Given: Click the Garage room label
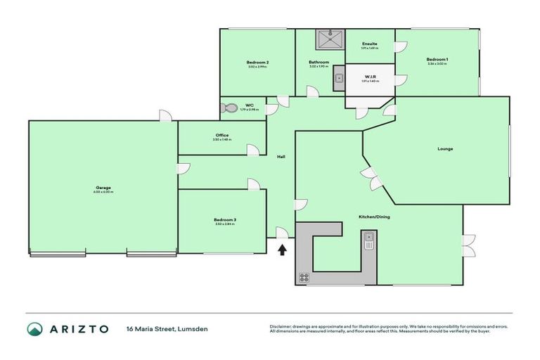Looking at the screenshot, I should pos(103,188).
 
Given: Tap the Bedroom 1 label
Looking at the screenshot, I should pos(437,59).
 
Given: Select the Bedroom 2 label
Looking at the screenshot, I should pos(258,63).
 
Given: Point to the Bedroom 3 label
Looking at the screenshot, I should pos(225,220).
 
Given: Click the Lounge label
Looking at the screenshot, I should pos(445,148).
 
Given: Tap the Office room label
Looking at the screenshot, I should pos(222,136).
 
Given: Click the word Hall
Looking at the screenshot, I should pos(281,156).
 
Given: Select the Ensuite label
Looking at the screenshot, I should pos(370,44).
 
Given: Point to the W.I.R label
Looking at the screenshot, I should pos(370,77).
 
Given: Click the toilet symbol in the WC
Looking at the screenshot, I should pos(230,108).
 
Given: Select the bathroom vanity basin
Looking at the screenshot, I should pos(338,78).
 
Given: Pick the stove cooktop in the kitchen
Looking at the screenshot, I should pos(304,277).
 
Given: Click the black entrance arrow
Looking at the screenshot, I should pos(282,249).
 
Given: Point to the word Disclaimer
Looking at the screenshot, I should pos(281,326).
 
